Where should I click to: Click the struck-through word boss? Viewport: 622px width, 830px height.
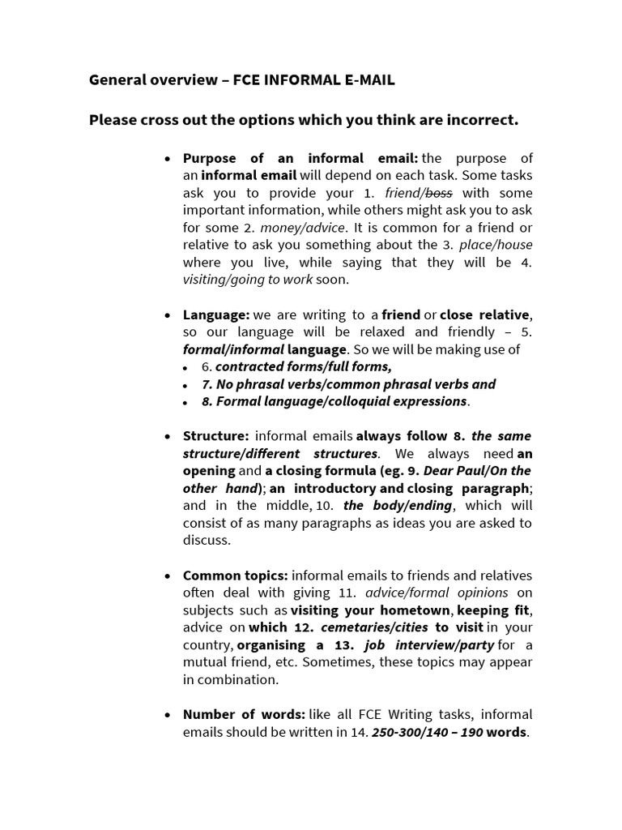coord(438,193)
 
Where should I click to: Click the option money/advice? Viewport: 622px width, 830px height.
coord(302,228)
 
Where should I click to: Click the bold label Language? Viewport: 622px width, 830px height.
coord(215,314)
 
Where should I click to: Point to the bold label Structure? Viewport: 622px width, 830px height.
coord(215,436)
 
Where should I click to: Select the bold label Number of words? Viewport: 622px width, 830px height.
coord(244,715)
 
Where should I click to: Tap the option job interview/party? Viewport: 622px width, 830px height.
coord(429,645)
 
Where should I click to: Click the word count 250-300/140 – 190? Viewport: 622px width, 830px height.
coord(427,733)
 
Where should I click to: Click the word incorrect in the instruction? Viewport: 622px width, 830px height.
coord(479,121)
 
